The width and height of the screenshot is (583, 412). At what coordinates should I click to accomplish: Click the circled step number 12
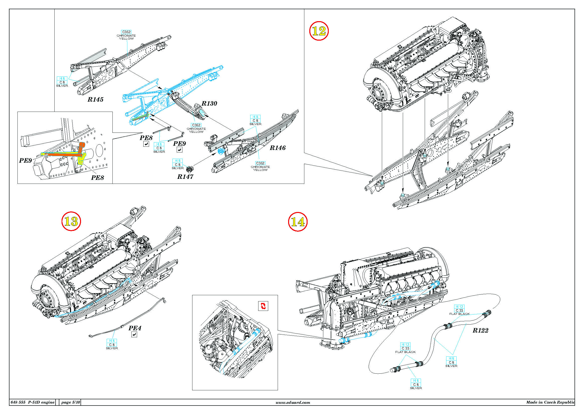(x=319, y=31)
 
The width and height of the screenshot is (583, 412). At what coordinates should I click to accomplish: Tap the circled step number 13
(x=71, y=221)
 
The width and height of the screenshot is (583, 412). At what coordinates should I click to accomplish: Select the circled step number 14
(x=298, y=222)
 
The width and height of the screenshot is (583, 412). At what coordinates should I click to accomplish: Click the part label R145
(x=95, y=99)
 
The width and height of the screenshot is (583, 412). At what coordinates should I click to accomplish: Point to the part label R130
(x=209, y=104)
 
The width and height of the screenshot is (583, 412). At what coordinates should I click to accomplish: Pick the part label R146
(x=277, y=148)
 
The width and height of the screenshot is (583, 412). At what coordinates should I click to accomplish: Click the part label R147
(x=185, y=177)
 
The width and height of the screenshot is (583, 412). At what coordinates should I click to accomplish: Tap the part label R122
(x=480, y=330)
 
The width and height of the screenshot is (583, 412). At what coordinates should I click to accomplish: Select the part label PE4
(x=135, y=328)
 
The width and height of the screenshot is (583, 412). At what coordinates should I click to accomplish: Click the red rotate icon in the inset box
(x=263, y=306)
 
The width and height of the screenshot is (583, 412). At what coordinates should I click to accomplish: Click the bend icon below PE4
(x=134, y=335)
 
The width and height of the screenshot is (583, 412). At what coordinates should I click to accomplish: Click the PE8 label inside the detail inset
(x=97, y=178)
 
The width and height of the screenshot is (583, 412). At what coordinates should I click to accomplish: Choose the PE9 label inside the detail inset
(x=25, y=160)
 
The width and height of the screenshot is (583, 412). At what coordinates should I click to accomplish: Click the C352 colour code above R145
(x=126, y=32)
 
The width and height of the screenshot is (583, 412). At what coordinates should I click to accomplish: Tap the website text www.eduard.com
(x=293, y=402)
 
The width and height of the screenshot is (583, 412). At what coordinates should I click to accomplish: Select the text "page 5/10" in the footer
(x=71, y=402)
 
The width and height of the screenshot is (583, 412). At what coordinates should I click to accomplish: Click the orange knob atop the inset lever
(x=82, y=145)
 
